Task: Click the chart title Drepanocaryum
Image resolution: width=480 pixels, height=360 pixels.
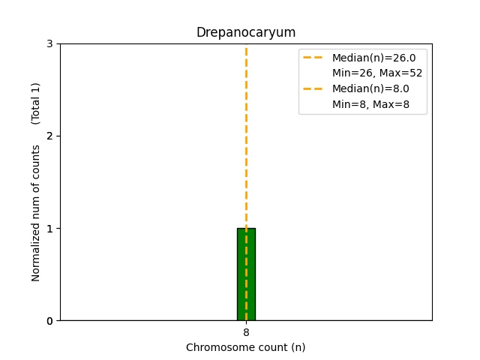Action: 246,33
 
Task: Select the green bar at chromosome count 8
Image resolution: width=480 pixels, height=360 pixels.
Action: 246,274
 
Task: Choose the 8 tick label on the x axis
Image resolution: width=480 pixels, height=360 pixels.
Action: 246,332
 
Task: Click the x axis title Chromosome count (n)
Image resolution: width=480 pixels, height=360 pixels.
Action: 246,347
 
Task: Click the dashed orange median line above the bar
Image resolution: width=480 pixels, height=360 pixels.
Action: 246,135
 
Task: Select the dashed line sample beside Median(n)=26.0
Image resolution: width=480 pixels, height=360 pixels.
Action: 313,58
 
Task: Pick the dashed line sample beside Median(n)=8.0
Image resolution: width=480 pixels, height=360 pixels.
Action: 313,88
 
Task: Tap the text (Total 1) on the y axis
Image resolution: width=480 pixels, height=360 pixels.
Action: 36,103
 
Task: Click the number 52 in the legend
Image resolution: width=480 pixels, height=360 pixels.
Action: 415,73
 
